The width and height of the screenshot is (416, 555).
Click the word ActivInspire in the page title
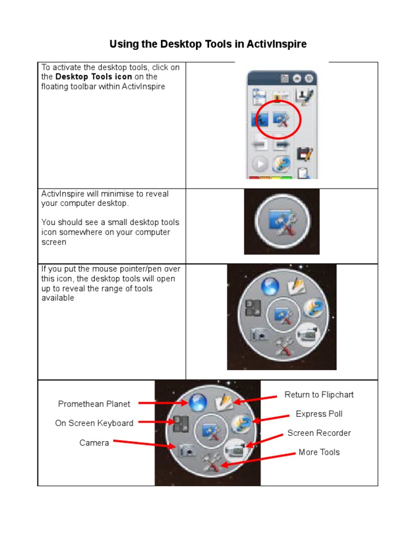point(277,44)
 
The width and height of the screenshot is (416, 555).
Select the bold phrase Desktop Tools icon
point(94,77)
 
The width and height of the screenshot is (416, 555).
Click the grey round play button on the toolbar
point(261,164)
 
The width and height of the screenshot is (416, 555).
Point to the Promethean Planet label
point(94,404)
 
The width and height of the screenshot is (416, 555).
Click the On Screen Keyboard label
point(94,423)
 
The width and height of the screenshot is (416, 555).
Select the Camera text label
point(94,443)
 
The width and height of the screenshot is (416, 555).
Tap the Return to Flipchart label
point(319,395)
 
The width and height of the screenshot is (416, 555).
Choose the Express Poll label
point(319,414)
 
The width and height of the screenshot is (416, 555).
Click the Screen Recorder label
point(319,433)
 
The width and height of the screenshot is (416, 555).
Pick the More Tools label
point(319,452)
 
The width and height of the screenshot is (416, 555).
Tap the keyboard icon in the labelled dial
point(180,423)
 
